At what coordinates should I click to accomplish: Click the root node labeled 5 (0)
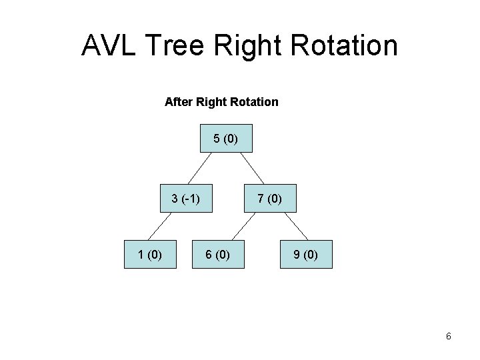(227, 139)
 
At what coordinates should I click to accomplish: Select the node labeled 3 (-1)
(186, 198)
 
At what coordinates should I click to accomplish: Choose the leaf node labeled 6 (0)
(218, 254)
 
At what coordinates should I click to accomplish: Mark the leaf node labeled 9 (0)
(305, 254)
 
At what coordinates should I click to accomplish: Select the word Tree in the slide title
(177, 46)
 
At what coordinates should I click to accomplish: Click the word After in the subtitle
(177, 102)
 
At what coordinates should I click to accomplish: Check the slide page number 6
(449, 337)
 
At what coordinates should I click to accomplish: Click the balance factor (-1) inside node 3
(191, 198)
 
